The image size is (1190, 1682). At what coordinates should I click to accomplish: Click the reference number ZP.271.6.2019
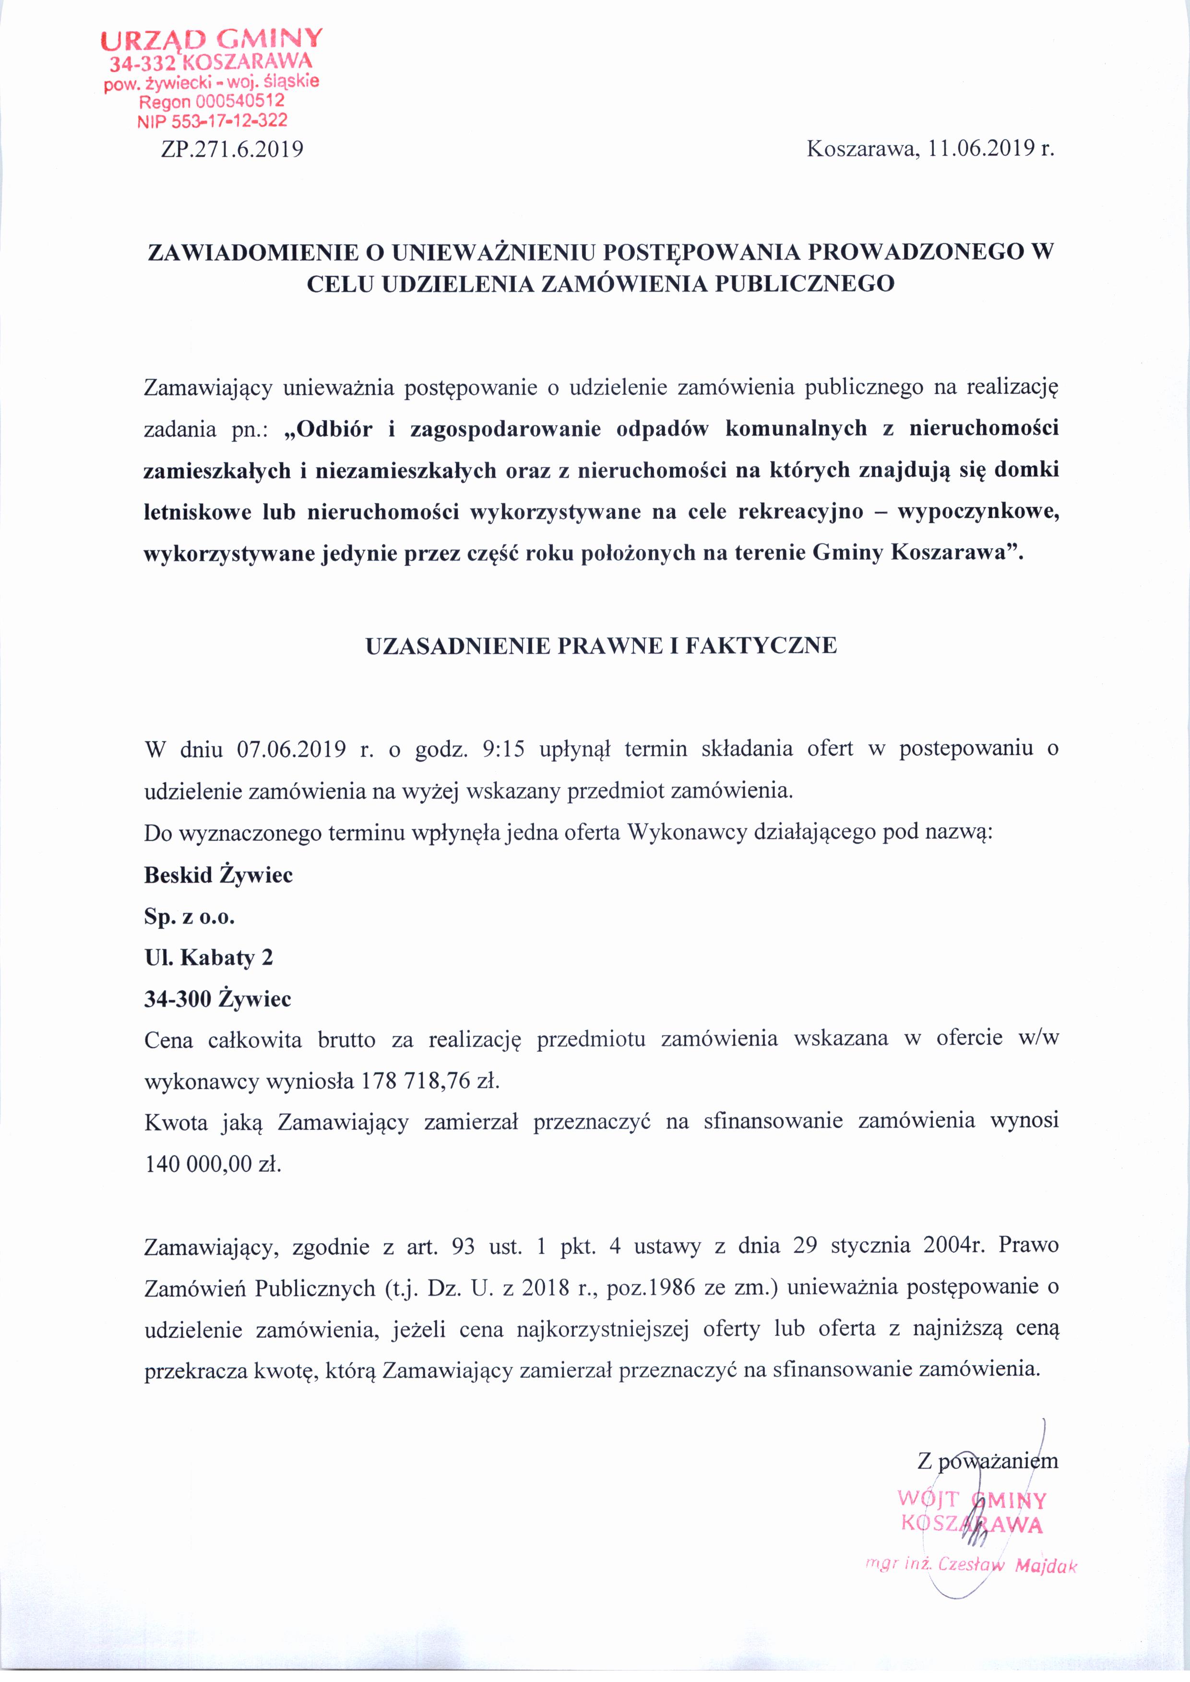(232, 150)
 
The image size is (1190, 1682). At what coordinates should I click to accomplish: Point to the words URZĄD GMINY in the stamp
(211, 38)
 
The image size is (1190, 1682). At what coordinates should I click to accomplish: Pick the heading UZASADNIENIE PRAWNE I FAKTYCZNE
(601, 646)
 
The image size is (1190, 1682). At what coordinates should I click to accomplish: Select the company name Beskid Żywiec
(218, 875)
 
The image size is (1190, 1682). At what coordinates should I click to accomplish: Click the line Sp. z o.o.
(189, 917)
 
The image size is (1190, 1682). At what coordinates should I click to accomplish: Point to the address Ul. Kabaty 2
(208, 957)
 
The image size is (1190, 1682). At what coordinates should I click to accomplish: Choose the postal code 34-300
(177, 999)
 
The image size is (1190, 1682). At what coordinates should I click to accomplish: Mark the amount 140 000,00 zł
(213, 1164)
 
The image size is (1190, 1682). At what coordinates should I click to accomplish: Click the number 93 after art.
(464, 1246)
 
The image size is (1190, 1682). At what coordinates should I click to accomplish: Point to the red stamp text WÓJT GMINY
(972, 1500)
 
